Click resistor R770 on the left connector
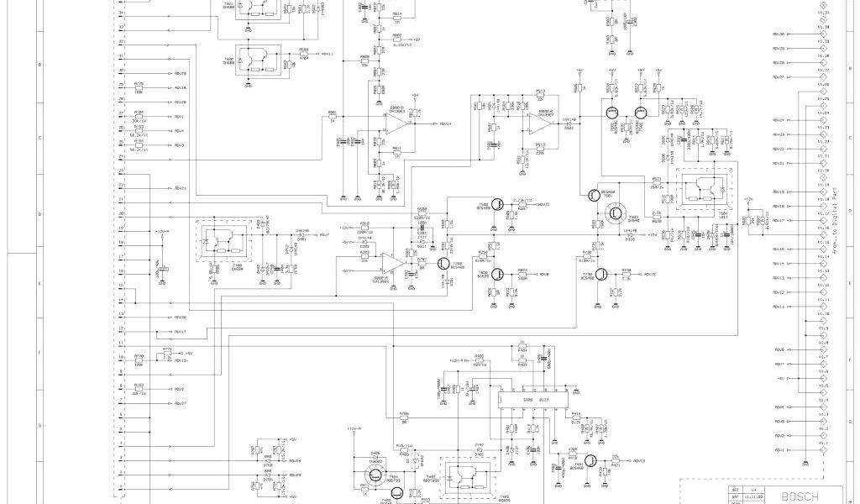[x=139, y=360]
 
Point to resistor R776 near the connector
[x=139, y=88]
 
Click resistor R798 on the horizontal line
[x=404, y=417]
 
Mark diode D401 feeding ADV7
[x=300, y=235]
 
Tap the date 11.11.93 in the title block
[x=753, y=496]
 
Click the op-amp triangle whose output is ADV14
[x=395, y=123]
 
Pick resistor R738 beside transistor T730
[x=626, y=275]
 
